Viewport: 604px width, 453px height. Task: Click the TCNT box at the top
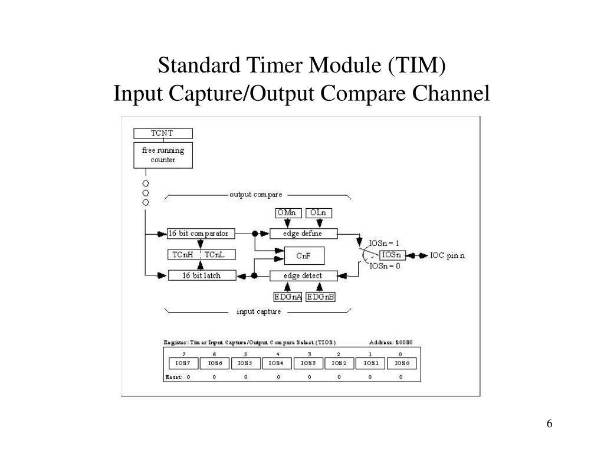point(162,133)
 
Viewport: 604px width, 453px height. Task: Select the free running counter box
point(162,155)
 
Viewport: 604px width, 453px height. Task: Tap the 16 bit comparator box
point(198,234)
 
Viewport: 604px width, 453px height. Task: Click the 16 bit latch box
point(202,275)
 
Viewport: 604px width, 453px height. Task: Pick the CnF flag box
point(303,255)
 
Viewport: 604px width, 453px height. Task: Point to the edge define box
point(303,234)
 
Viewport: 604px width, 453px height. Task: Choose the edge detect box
point(303,275)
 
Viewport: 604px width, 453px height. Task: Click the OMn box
point(288,212)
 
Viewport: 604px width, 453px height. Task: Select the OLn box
point(319,212)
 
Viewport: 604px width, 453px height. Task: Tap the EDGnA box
point(288,297)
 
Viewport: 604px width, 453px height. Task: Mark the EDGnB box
point(320,297)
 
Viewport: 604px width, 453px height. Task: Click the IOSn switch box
point(392,255)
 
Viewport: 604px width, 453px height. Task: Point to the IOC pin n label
point(447,255)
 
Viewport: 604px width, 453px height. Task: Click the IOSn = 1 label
point(384,243)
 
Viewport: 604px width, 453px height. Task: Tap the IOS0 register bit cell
point(402,363)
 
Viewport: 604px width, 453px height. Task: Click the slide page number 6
point(550,424)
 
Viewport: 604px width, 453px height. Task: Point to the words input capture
point(258,311)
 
